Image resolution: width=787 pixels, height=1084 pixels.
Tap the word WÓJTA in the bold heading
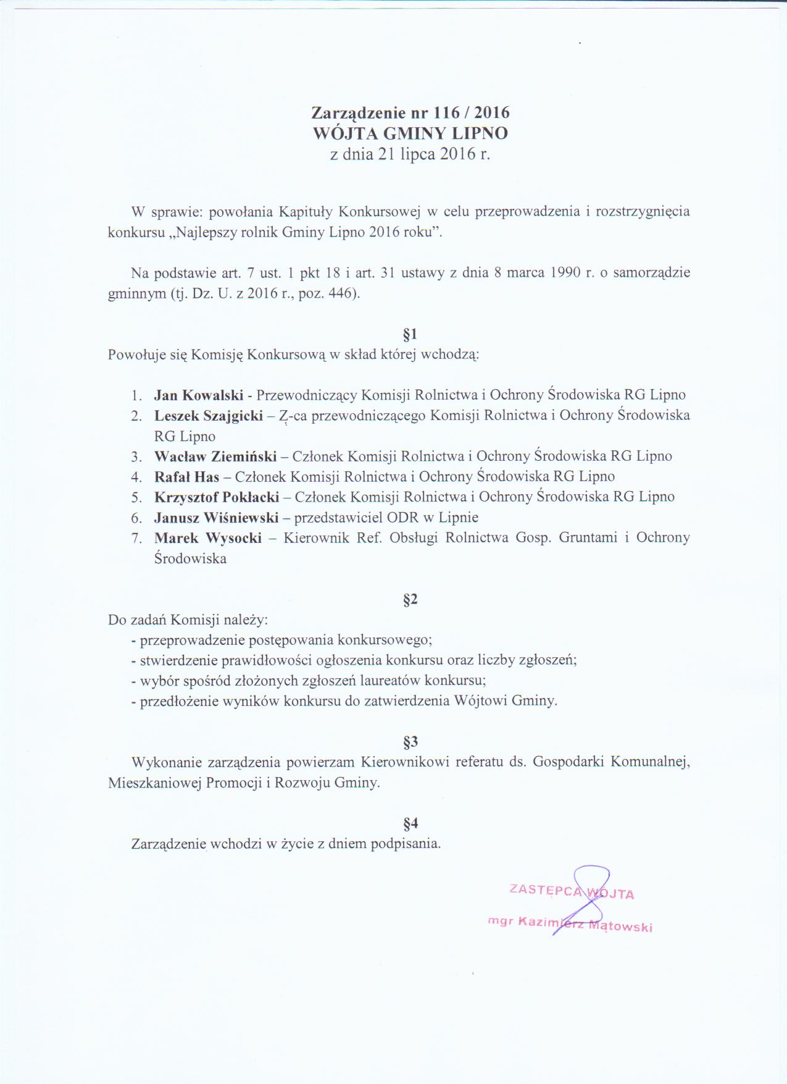(x=348, y=133)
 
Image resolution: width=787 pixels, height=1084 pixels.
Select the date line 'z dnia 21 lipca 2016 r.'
(x=410, y=154)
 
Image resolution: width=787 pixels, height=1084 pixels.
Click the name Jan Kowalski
(x=199, y=395)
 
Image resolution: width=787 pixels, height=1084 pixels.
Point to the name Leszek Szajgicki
(x=209, y=416)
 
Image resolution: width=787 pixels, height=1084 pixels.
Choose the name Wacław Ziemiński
(x=215, y=456)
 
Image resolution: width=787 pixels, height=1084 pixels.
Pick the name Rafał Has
(x=187, y=477)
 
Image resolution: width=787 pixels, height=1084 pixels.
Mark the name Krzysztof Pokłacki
(x=217, y=497)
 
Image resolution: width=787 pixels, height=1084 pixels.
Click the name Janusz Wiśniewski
(x=217, y=518)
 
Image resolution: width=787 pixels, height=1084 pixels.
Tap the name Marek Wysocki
(x=208, y=538)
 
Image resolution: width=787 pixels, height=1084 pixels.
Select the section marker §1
(x=410, y=335)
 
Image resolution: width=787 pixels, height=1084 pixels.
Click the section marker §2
(x=410, y=599)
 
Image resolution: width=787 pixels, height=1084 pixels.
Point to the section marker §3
(x=410, y=741)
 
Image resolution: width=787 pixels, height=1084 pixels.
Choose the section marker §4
(x=410, y=823)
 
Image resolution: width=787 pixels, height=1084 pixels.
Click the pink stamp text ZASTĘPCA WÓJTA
(x=571, y=892)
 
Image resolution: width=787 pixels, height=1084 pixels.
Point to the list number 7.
(x=136, y=538)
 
